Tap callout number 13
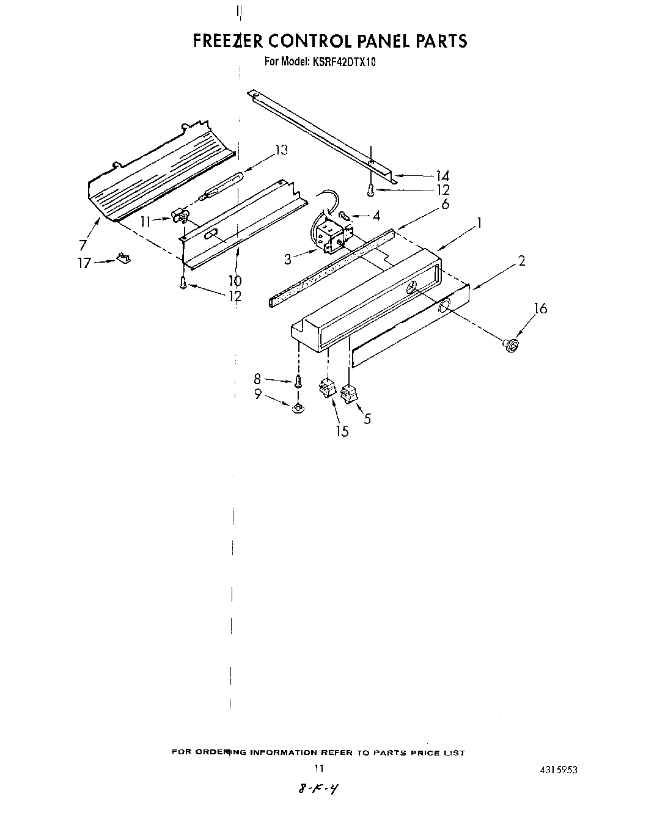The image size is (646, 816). click(281, 150)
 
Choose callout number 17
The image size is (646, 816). click(83, 263)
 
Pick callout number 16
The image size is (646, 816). click(540, 308)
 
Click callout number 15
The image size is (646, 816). click(342, 431)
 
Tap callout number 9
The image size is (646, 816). click(258, 395)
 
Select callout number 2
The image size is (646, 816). click(521, 261)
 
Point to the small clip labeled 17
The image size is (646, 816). click(124, 259)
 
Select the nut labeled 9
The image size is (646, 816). click(297, 407)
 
